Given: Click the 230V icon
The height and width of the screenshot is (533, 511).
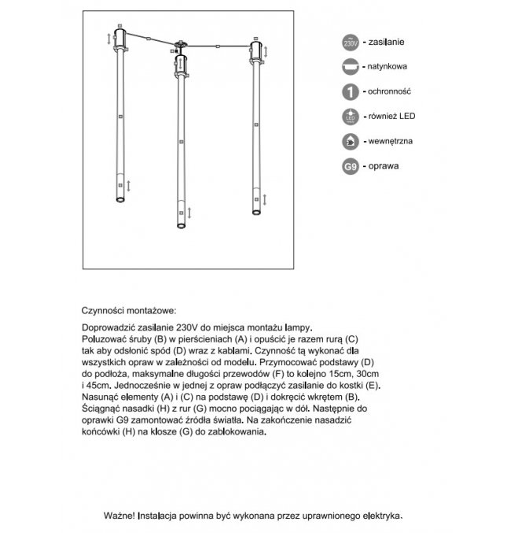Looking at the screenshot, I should pyautogui.click(x=351, y=43).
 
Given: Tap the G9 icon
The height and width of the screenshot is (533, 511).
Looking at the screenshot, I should pyautogui.click(x=351, y=168).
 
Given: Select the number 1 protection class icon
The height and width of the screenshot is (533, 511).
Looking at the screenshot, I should pyautogui.click(x=351, y=92).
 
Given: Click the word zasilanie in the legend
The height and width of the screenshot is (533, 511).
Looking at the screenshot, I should pyautogui.click(x=389, y=42).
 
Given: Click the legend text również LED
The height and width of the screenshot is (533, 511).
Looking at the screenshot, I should pyautogui.click(x=392, y=117).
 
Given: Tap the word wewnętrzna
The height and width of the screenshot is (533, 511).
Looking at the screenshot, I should pyautogui.click(x=392, y=142).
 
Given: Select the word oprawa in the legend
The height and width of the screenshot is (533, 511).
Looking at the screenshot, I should pyautogui.click(x=384, y=167).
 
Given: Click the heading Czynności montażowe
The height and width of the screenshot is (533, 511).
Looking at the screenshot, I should pyautogui.click(x=130, y=311).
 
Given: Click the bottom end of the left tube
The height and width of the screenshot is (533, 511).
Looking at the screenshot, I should pyautogui.click(x=119, y=200).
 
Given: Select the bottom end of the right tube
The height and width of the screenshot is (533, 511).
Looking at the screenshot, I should pyautogui.click(x=255, y=211).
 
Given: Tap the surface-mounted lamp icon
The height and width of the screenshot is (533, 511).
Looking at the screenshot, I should pyautogui.click(x=351, y=68).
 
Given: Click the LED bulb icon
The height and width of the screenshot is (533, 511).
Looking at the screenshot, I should pyautogui.click(x=351, y=117).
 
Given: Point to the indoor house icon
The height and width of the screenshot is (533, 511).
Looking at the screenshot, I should pyautogui.click(x=351, y=143).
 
